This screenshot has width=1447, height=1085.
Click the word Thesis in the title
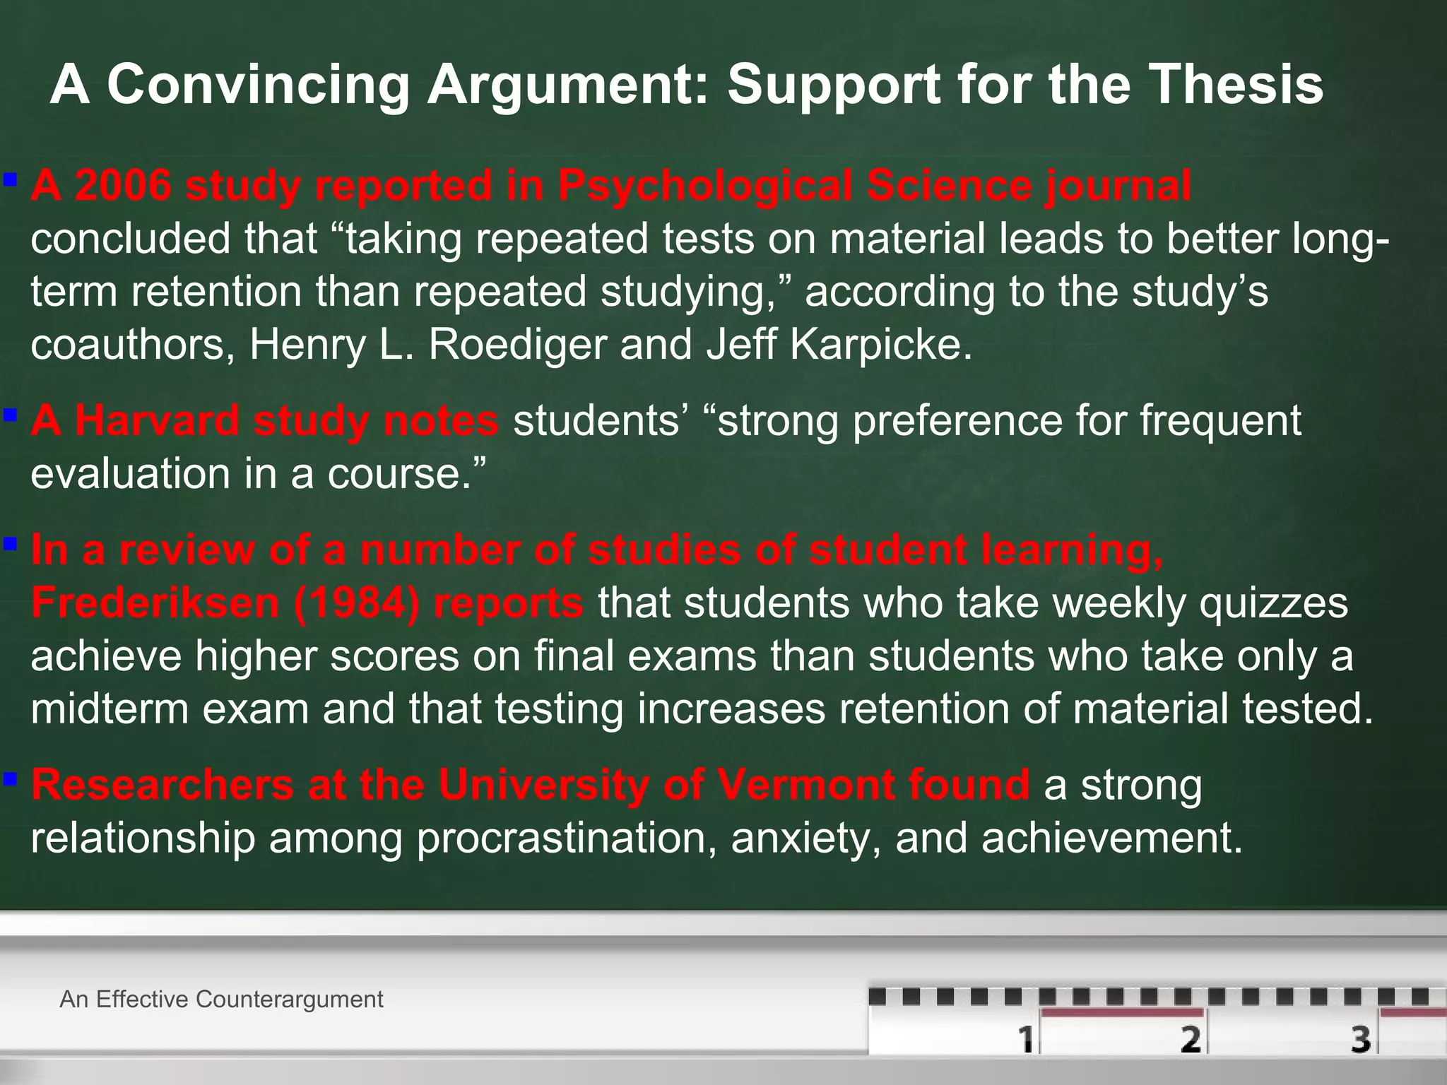pos(1236,85)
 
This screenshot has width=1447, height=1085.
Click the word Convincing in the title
pos(258,85)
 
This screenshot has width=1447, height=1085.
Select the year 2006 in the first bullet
pos(123,186)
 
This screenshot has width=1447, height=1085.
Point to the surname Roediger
pos(516,345)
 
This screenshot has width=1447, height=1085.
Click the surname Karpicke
pos(880,345)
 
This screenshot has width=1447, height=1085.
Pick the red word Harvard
pos(158,421)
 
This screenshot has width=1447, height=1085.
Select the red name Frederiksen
pos(155,603)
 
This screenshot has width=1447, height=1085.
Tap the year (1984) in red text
pos(355,603)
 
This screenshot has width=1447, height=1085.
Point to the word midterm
pos(110,708)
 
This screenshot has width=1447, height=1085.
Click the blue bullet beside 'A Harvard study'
pos(10,414)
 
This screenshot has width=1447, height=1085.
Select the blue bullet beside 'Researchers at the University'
pos(10,778)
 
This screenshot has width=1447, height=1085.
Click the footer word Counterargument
pos(290,1000)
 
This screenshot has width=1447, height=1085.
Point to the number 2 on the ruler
pos(1191,1039)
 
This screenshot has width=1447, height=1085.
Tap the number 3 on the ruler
pos(1362,1039)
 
